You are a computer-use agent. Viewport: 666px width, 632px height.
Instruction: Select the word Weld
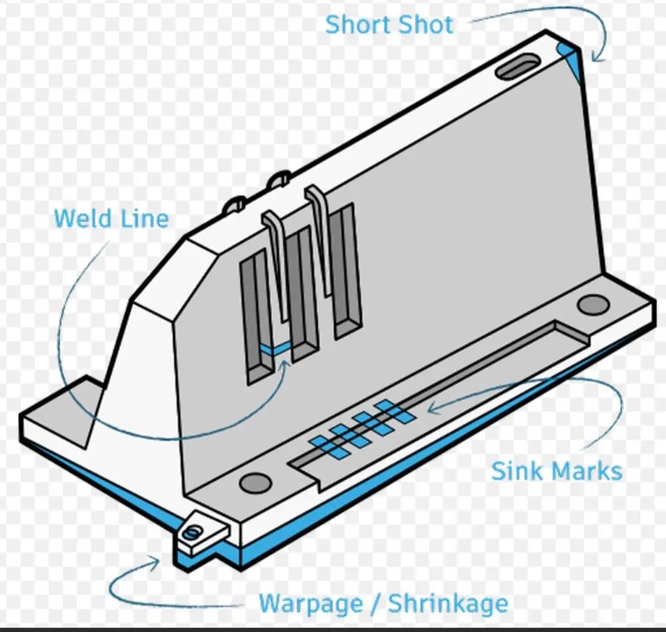pyautogui.click(x=81, y=219)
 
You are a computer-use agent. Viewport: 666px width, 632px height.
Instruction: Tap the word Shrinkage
pyautogui.click(x=448, y=604)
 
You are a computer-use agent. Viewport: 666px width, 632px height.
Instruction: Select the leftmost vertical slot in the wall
pyautogui.click(x=257, y=319)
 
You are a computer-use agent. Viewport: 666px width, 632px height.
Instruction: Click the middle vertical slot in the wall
pyautogui.click(x=301, y=292)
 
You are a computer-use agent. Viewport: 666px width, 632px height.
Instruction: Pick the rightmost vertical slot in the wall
pyautogui.click(x=345, y=269)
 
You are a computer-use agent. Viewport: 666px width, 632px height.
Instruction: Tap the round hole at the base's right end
pyautogui.click(x=593, y=305)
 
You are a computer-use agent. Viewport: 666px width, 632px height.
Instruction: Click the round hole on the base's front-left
pyautogui.click(x=255, y=483)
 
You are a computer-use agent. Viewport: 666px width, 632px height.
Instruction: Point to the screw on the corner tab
pyautogui.click(x=193, y=531)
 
